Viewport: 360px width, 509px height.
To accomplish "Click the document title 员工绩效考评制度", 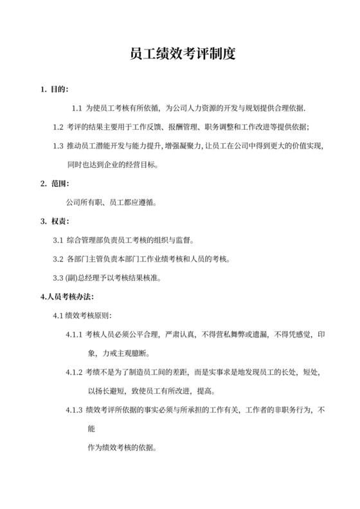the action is click(179, 54).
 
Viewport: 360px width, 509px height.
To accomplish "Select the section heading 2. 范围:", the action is click(55, 183).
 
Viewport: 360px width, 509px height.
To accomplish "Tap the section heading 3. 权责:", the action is click(55, 221).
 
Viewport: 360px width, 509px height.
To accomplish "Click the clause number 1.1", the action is click(76, 107).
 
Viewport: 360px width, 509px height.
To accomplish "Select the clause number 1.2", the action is click(58, 127).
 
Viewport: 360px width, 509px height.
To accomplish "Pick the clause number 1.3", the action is click(58, 145).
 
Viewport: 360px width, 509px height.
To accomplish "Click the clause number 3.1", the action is click(58, 240).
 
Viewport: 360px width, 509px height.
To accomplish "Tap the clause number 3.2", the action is click(58, 259).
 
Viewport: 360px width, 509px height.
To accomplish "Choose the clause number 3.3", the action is click(58, 278).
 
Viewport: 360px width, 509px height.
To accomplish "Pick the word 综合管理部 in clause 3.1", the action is click(84, 240).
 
